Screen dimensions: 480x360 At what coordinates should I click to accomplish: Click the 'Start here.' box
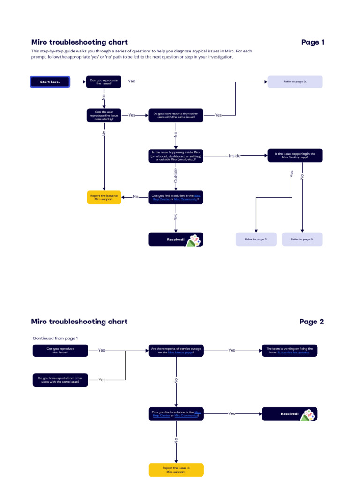(50, 82)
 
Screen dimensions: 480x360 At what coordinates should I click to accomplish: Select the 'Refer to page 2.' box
(295, 82)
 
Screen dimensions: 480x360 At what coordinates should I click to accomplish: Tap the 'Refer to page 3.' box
(256, 239)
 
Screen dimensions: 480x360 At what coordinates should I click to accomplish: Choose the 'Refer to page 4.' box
(302, 239)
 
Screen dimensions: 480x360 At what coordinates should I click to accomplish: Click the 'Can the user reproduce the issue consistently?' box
(104, 115)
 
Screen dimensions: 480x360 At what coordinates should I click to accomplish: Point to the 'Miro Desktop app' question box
(295, 156)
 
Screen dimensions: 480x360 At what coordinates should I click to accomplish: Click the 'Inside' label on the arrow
(234, 156)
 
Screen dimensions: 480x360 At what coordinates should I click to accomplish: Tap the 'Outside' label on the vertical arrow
(176, 176)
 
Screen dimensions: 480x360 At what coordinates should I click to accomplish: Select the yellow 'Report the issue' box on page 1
(104, 197)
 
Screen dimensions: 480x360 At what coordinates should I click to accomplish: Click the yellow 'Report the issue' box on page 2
(176, 470)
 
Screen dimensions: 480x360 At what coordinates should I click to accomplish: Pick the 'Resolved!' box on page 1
(176, 239)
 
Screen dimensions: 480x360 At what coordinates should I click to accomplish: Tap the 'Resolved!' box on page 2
(289, 414)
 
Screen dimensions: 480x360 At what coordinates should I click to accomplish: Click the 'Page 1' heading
(313, 42)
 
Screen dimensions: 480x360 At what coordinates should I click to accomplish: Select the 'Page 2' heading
(312, 322)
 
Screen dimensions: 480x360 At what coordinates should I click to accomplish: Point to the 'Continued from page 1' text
(55, 338)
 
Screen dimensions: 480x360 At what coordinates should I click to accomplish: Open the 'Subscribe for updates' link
(293, 352)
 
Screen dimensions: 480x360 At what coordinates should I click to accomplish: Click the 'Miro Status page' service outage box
(176, 350)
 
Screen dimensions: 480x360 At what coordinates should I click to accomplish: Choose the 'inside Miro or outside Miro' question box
(176, 156)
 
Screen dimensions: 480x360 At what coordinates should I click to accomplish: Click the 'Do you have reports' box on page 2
(60, 380)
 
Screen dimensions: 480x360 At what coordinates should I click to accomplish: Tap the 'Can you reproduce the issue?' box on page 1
(104, 82)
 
